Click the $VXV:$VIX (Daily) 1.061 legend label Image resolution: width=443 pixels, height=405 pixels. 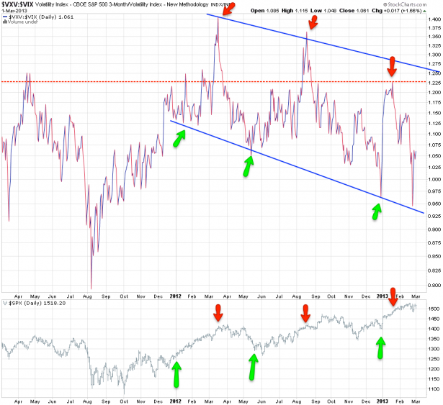[39, 18]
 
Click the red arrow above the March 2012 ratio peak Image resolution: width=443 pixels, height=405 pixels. [227, 9]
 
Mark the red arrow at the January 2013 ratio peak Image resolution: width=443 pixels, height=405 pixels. [392, 66]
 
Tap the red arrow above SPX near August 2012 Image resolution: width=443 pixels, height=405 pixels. [305, 273]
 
